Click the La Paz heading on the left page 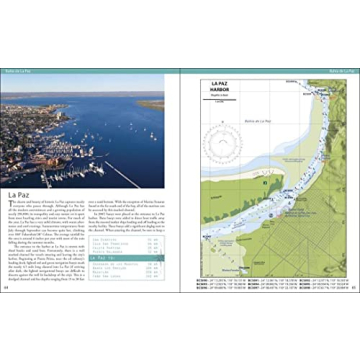pos(21,194)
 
